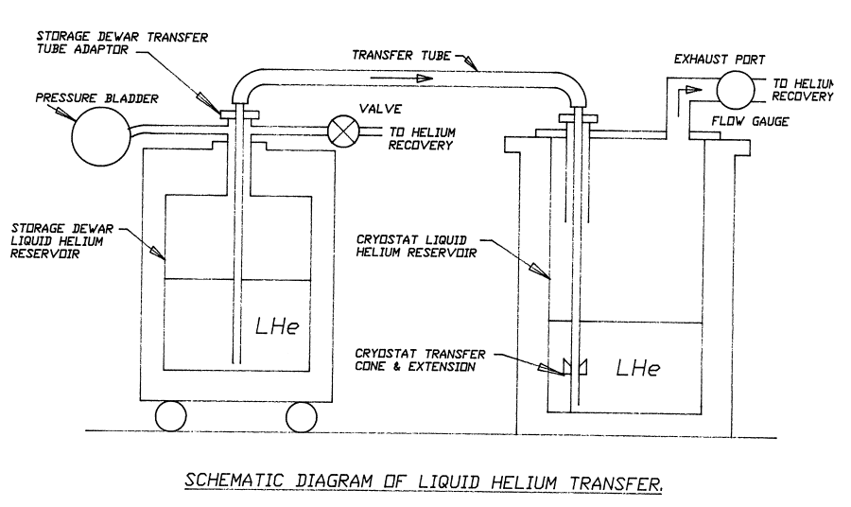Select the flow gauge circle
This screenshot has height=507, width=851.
click(736, 90)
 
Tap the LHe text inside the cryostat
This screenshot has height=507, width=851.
click(637, 366)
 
